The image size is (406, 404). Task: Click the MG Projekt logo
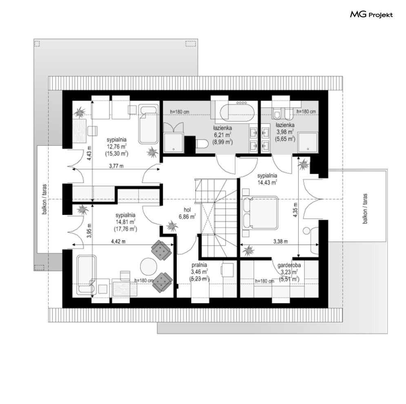(x=371, y=15)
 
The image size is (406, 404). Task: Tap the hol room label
(x=187, y=210)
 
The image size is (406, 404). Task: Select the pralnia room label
(x=199, y=265)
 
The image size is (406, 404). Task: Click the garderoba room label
(x=289, y=265)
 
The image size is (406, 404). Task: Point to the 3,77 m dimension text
(x=116, y=166)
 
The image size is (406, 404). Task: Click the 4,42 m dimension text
(x=118, y=241)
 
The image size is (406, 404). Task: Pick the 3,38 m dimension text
(x=281, y=242)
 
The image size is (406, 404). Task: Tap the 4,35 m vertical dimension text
(x=296, y=210)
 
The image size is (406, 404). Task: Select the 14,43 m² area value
(x=267, y=183)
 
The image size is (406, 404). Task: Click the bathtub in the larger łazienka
(x=237, y=113)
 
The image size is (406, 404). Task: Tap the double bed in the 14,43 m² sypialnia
(x=260, y=213)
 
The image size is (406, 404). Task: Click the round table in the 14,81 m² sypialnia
(x=149, y=266)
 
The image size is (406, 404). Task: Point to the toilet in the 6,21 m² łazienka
(x=202, y=144)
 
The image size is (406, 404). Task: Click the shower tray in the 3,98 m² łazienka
(x=308, y=143)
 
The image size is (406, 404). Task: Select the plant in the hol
(x=171, y=226)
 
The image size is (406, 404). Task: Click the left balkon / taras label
(x=45, y=199)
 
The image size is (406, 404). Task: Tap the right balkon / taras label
(x=365, y=208)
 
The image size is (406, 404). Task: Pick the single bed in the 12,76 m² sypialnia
(x=149, y=124)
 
